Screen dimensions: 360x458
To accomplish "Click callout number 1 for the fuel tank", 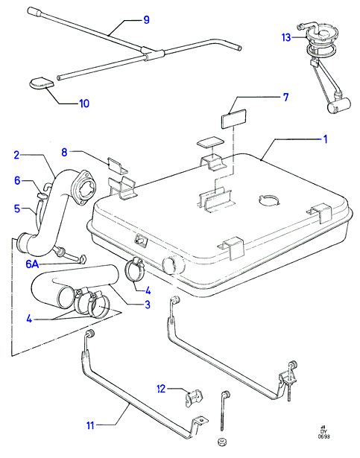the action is click(325, 139).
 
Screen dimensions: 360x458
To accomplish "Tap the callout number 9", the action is click(146, 20).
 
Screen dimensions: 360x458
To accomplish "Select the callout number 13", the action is click(286, 38).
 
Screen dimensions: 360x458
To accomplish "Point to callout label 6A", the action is click(32, 264).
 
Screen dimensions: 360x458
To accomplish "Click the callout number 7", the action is click(285, 97).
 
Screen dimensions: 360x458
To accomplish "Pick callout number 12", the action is click(162, 389).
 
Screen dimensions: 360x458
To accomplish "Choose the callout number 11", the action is click(90, 425).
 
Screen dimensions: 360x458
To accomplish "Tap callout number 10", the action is click(84, 104).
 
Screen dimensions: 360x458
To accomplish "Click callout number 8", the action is click(64, 152).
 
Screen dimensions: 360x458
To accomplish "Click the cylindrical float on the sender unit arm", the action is click(338, 105).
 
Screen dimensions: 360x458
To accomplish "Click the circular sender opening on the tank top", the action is click(269, 200).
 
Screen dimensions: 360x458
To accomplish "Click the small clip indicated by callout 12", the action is click(194, 397).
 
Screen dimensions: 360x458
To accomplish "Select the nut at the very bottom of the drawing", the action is click(223, 441).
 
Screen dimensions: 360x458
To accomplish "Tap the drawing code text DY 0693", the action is click(323, 433).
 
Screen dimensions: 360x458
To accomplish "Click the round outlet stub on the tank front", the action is click(173, 264).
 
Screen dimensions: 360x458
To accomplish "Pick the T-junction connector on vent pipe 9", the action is click(153, 54).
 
